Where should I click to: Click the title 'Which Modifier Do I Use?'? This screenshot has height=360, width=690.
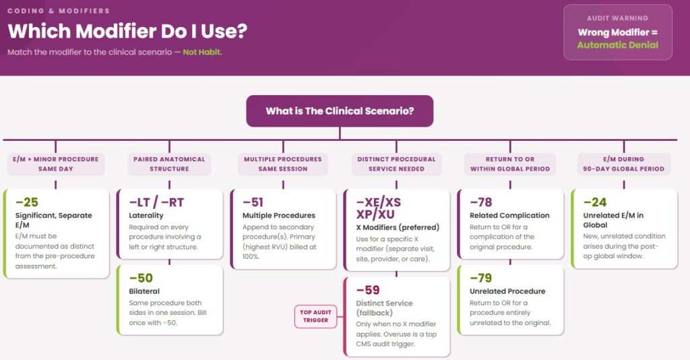click(127, 31)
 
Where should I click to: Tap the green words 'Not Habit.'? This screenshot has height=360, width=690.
click(202, 52)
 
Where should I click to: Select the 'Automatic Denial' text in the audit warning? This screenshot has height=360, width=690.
click(618, 45)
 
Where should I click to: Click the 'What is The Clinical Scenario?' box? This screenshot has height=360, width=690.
click(340, 111)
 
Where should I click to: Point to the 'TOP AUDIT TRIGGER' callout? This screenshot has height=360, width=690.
click(315, 316)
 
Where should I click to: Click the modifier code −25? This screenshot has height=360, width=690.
click(27, 202)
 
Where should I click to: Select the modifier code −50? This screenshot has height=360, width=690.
click(141, 278)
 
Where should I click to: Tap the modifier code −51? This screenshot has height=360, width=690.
click(253, 202)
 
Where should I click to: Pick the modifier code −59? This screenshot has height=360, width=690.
click(368, 290)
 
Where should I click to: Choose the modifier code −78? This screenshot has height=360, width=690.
click(481, 202)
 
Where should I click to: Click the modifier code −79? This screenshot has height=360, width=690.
click(481, 278)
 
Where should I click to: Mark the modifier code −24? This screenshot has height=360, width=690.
click(595, 202)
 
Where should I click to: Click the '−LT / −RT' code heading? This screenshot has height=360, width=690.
click(156, 202)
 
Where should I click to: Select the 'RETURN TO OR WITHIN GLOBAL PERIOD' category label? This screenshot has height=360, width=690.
click(510, 164)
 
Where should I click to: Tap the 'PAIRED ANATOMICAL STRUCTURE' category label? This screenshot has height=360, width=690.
click(169, 164)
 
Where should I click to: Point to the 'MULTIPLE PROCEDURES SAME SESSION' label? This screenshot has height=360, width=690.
click(283, 164)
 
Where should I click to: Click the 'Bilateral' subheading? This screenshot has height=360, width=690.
click(144, 291)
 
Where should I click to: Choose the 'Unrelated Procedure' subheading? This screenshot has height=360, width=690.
click(507, 291)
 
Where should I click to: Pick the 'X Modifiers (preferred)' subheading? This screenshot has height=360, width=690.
click(398, 228)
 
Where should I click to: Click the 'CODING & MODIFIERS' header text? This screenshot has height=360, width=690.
click(59, 11)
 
